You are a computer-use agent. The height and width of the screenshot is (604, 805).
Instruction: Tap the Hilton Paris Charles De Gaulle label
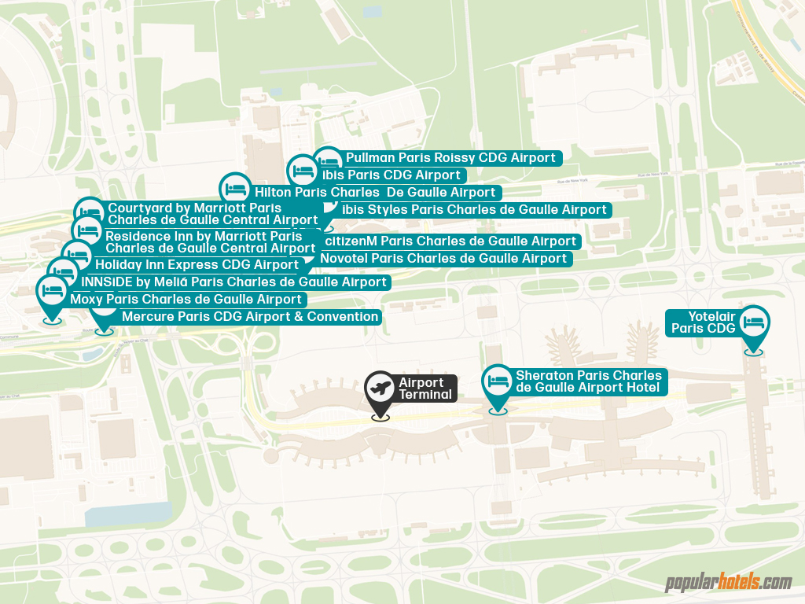374,192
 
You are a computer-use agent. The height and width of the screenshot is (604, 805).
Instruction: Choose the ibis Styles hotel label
474,209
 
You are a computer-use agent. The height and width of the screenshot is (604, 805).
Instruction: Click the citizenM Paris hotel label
450,241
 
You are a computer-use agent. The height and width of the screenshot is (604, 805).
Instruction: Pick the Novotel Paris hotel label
443,259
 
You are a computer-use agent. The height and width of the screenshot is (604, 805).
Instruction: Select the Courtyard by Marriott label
212,214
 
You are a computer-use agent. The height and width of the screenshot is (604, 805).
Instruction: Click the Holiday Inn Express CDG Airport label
197,265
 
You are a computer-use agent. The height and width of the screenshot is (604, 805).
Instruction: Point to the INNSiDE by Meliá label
234,282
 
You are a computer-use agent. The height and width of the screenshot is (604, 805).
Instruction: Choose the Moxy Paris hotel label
186,300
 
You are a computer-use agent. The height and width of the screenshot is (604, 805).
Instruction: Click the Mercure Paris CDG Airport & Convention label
250,317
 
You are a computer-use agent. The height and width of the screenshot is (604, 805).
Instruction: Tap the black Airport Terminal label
425,389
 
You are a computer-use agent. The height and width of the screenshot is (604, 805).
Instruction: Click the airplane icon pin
380,388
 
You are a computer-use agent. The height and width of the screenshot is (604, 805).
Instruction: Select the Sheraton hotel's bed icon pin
498,381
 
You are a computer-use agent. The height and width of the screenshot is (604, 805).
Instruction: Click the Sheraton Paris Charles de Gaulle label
588,381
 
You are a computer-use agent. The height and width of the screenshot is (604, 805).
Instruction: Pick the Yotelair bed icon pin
754,322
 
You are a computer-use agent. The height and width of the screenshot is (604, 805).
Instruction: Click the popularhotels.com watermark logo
728,583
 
